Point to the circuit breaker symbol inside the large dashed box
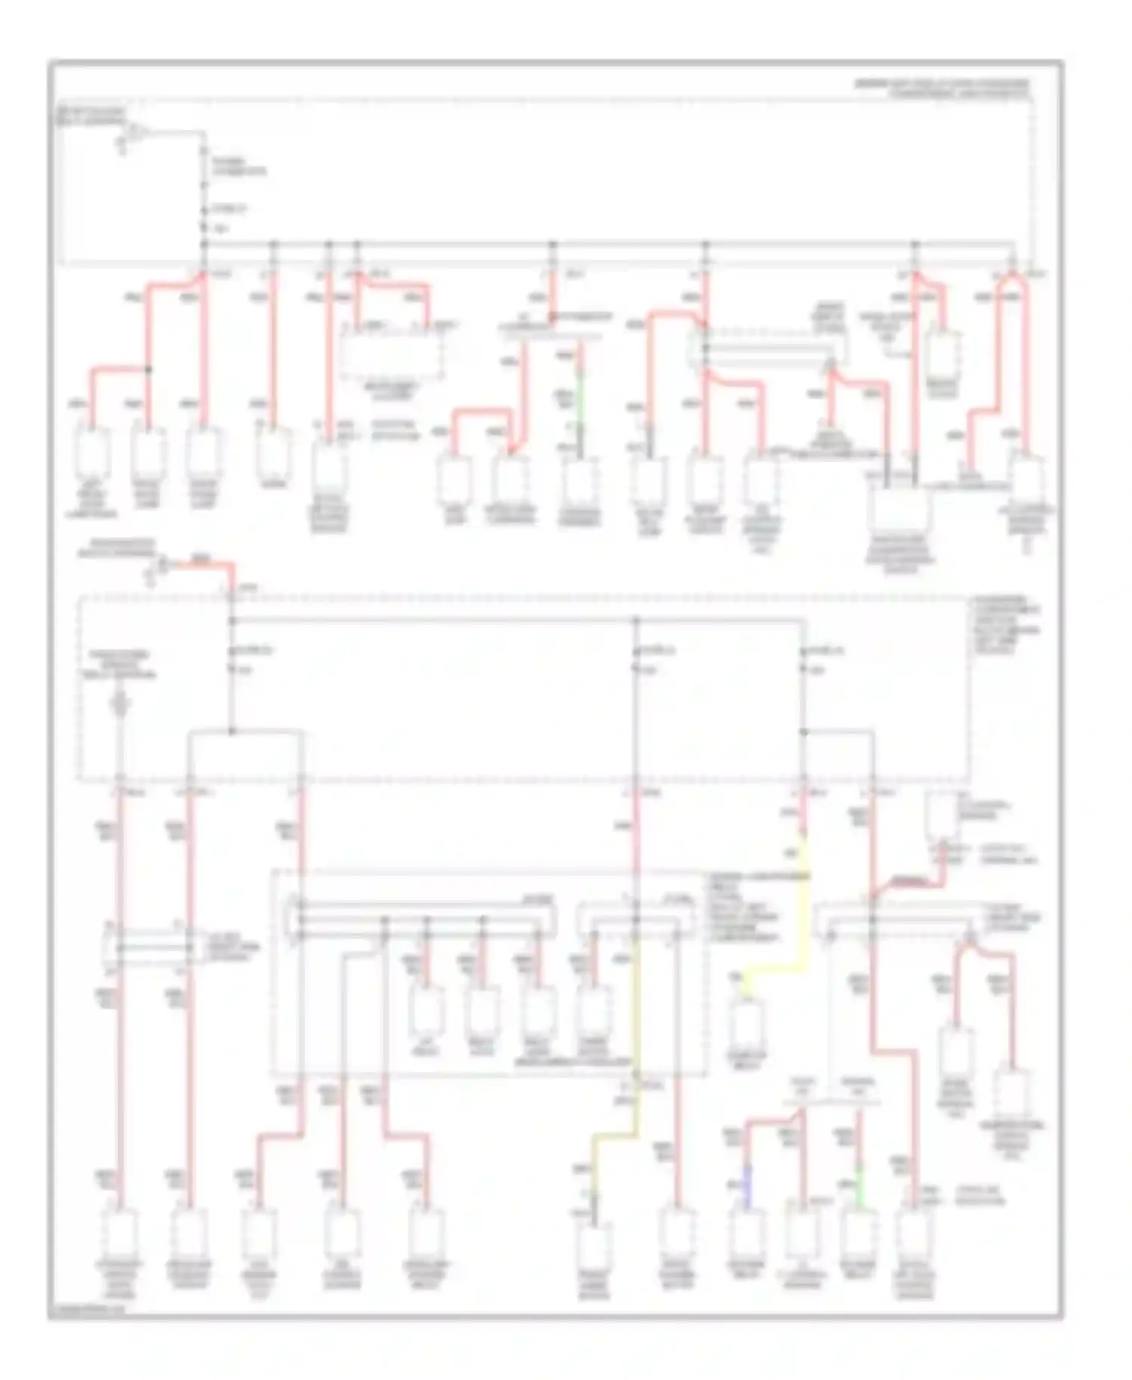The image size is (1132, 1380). tap(119, 706)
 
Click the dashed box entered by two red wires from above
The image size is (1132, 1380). tap(391, 351)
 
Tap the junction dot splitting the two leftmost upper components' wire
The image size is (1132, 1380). tap(148, 369)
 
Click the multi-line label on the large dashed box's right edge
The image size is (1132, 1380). tap(1004, 627)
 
